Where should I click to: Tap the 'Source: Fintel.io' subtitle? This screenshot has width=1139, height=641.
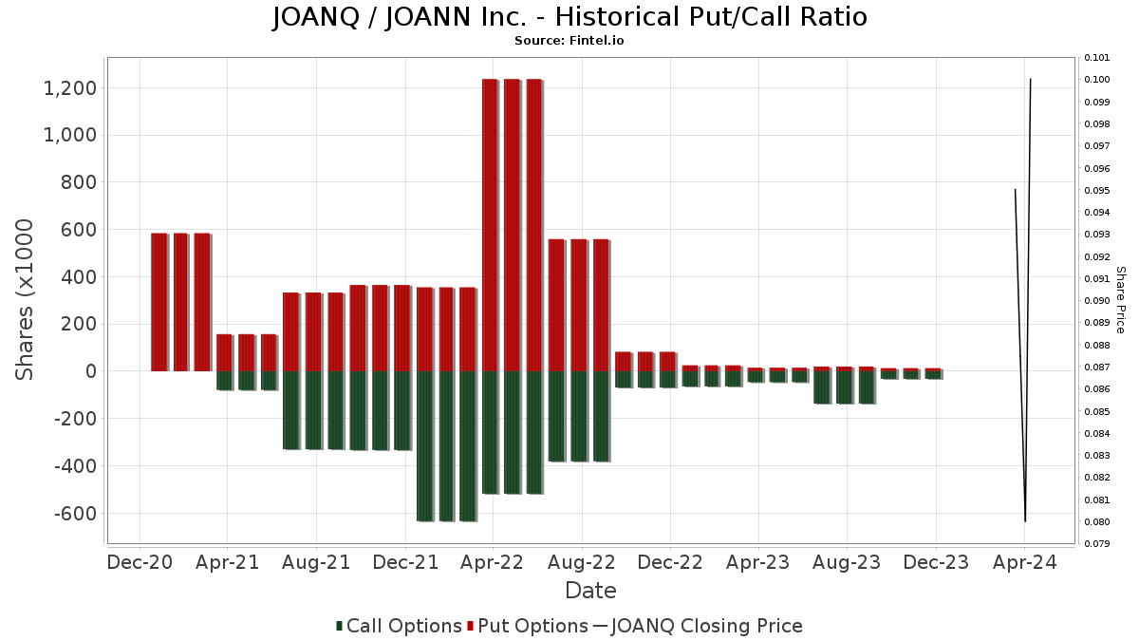(x=569, y=41)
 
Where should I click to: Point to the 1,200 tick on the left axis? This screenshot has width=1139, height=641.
(x=70, y=88)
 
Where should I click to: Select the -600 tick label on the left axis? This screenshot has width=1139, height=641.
(x=74, y=513)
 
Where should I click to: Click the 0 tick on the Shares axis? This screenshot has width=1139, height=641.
(x=90, y=371)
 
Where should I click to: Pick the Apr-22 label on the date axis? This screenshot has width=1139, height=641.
(x=493, y=562)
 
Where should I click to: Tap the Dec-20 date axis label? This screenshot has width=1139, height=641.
(x=140, y=562)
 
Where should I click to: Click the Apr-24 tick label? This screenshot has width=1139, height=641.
(x=1024, y=562)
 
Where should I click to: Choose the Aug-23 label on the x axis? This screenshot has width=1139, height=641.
(x=847, y=562)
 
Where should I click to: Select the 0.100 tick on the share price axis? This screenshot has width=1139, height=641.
(x=1097, y=80)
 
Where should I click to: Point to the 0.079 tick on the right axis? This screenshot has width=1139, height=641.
(x=1097, y=544)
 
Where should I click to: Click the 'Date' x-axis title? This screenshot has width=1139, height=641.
(x=590, y=591)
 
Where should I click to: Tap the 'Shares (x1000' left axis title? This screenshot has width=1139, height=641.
(x=26, y=299)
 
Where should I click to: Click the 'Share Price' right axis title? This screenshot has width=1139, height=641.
(x=1120, y=299)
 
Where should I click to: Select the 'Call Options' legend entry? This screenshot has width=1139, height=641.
(x=399, y=626)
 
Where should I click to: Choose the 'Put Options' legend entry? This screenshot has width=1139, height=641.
(x=527, y=626)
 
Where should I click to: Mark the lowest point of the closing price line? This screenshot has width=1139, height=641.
(x=1025, y=521)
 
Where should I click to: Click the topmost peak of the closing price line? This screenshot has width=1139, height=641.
(x=1031, y=79)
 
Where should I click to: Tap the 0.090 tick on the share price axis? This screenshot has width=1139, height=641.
(x=1097, y=301)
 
